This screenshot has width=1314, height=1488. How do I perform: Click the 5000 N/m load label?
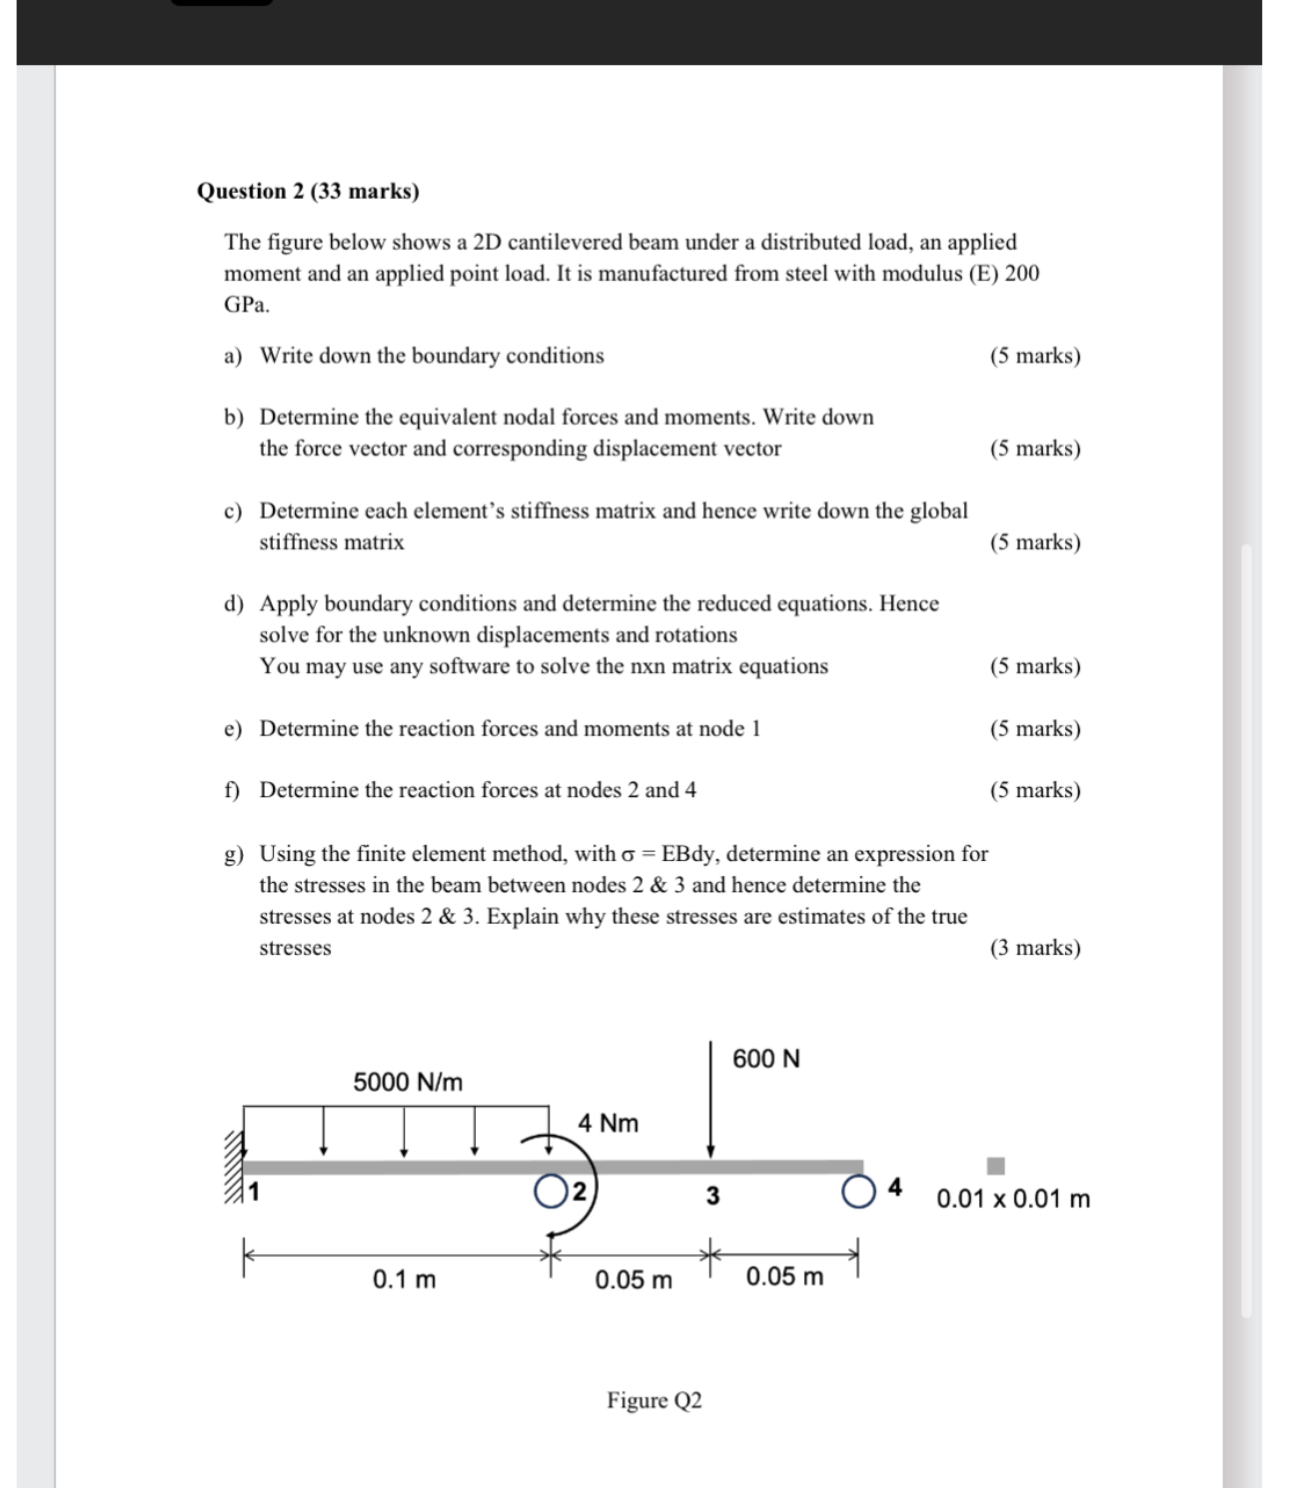pyautogui.click(x=408, y=1082)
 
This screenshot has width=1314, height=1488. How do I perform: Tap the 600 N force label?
pyautogui.click(x=766, y=1058)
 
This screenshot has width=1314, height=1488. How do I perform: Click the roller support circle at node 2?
pyautogui.click(x=550, y=1191)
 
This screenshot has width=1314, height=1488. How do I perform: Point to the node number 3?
pyautogui.click(x=713, y=1195)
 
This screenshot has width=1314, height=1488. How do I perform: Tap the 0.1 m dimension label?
pyautogui.click(x=404, y=1279)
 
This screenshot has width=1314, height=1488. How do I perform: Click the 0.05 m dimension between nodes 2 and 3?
pyautogui.click(x=633, y=1280)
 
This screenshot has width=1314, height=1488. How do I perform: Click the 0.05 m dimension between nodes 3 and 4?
pyautogui.click(x=785, y=1276)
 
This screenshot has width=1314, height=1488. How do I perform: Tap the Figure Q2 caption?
pyautogui.click(x=654, y=1400)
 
